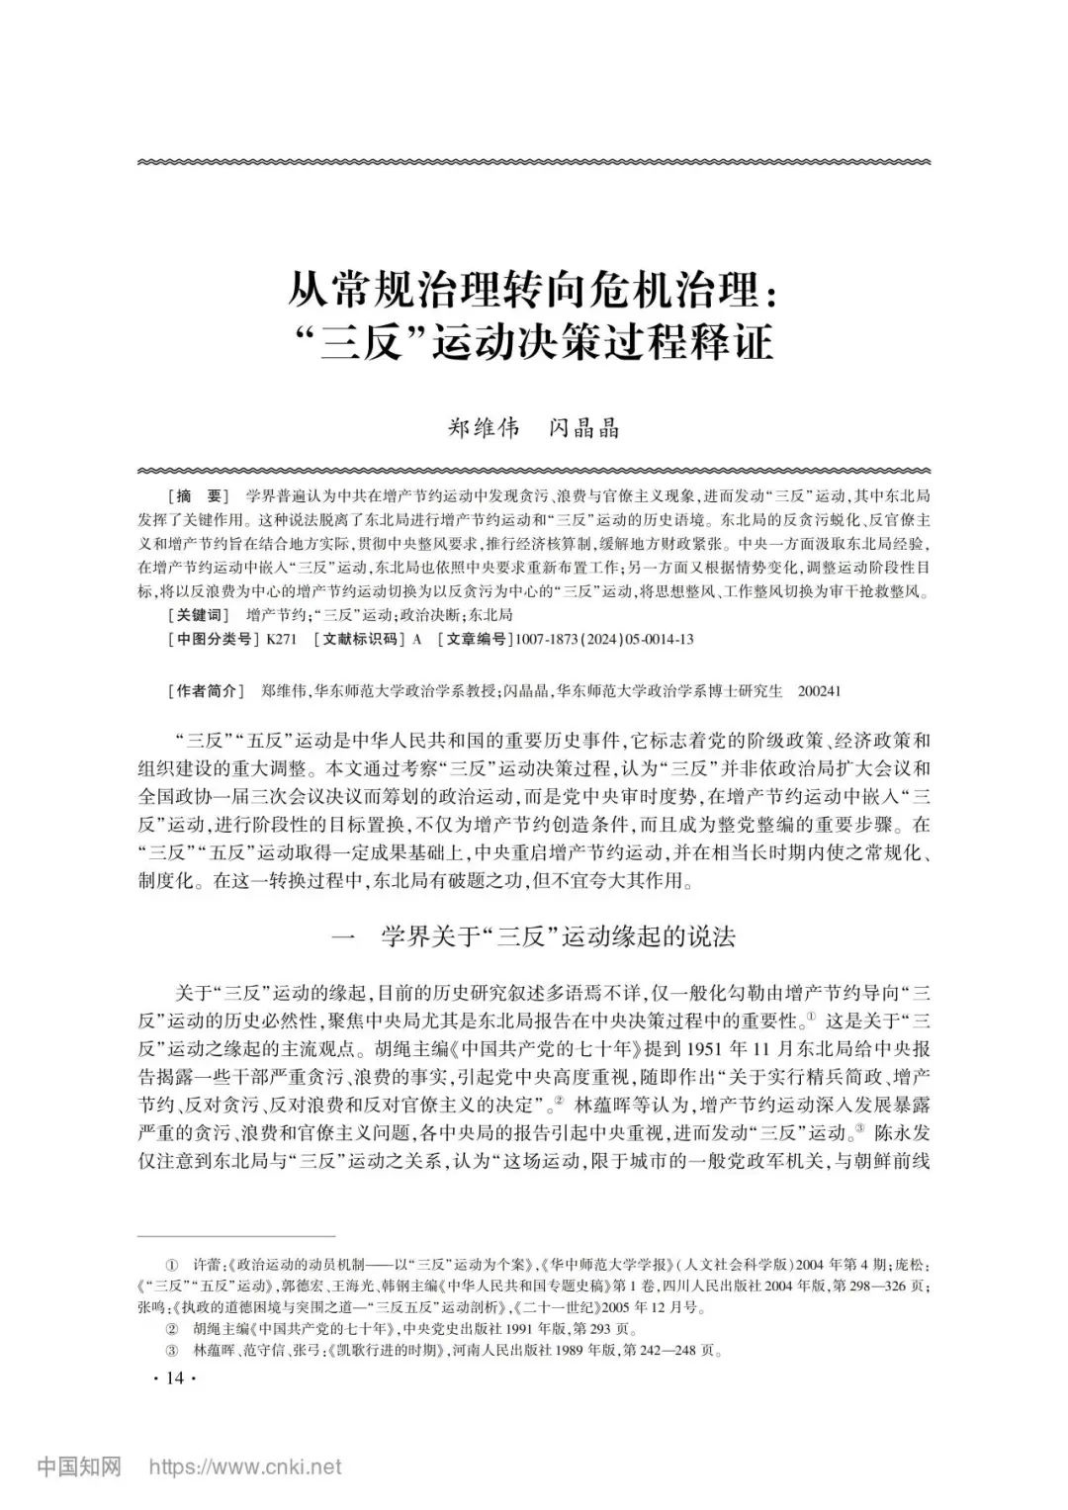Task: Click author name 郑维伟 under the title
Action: tap(484, 428)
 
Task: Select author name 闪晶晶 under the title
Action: tap(584, 428)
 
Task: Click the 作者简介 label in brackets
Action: tap(206, 690)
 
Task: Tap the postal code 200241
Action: tap(819, 690)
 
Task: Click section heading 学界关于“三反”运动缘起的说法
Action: tap(559, 936)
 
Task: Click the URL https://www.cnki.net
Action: tap(244, 1466)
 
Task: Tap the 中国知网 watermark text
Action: tap(79, 1466)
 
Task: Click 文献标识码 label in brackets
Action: tap(359, 639)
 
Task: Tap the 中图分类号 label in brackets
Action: tap(212, 639)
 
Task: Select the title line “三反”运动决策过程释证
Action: tap(533, 343)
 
